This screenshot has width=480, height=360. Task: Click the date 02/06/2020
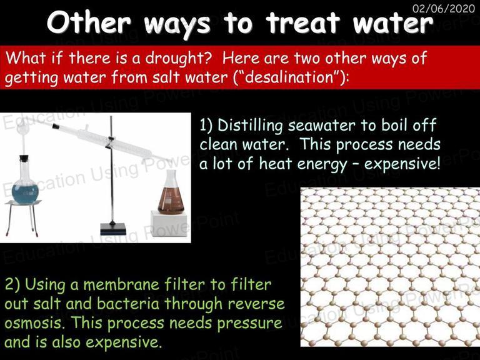click(x=444, y=8)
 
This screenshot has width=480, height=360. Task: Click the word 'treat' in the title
click(x=302, y=22)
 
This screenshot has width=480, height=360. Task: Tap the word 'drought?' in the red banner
click(x=179, y=58)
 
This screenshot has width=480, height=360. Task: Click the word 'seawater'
click(x=321, y=126)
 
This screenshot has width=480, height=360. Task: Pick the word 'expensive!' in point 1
click(x=402, y=164)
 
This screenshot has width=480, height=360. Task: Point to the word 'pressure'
click(x=250, y=324)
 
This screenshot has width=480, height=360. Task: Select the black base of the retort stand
click(x=113, y=229)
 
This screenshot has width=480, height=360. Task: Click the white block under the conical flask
click(x=169, y=224)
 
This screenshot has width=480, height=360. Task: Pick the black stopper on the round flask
click(x=24, y=159)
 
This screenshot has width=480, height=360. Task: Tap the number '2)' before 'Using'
click(x=12, y=285)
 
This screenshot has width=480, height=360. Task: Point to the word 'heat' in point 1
click(x=275, y=164)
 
